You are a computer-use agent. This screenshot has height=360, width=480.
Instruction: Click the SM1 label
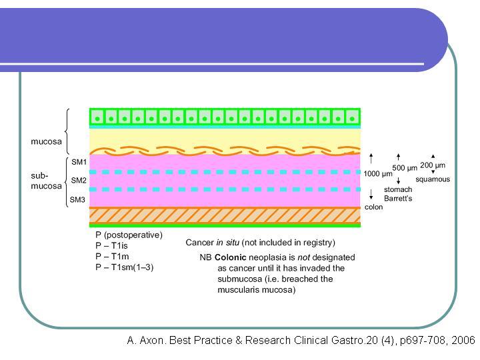pos(79,162)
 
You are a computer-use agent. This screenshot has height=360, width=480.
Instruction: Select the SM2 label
pos(79,180)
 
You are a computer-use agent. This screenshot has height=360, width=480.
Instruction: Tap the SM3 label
pos(77,199)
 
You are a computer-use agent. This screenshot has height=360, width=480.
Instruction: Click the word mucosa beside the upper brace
pos(46,141)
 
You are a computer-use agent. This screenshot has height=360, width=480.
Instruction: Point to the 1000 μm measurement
pos(378,174)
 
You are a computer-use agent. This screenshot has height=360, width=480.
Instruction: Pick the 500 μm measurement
pos(405,168)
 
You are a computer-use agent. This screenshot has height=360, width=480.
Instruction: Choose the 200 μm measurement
pos(433,165)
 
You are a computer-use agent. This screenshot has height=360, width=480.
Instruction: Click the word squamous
pos(433,179)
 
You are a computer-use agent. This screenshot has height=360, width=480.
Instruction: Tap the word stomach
pos(398,189)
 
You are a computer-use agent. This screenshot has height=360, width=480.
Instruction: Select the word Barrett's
pos(398,199)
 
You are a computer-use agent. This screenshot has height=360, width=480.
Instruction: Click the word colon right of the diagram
pos(373,207)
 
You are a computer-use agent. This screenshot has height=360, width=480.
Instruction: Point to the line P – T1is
pos(111,245)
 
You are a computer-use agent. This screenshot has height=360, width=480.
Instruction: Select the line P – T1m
pos(112,256)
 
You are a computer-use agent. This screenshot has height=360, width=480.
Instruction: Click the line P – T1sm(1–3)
pos(124,267)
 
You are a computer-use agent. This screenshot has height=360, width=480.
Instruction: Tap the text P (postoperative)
pos(129,235)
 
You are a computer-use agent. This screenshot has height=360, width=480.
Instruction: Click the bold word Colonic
pos(230,257)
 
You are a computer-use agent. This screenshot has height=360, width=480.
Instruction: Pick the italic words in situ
pos(228,243)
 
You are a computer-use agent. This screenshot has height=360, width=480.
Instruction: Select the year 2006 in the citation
pos(463,340)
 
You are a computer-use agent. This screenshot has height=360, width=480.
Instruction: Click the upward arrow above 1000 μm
pos(371,158)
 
